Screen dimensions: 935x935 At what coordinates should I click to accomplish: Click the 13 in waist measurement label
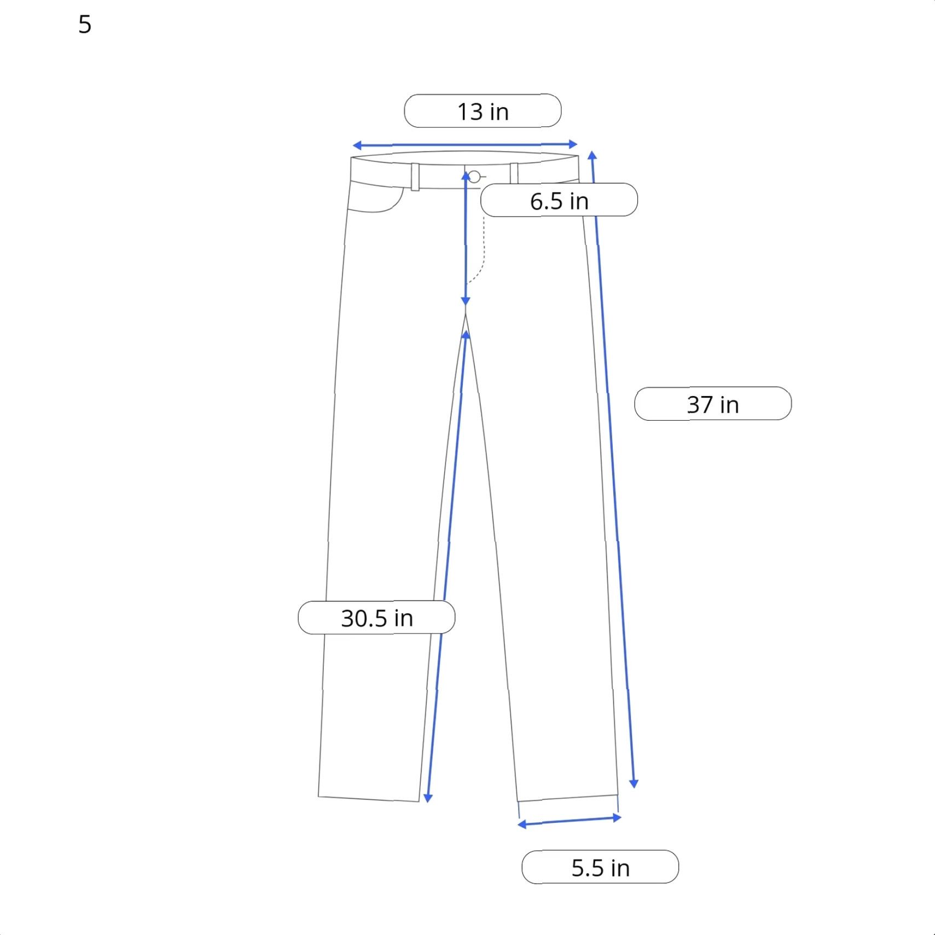483,111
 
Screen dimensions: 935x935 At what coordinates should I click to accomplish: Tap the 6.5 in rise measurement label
559,200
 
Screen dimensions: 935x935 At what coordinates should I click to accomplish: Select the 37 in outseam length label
713,404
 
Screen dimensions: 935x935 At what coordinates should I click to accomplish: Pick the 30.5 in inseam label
376,618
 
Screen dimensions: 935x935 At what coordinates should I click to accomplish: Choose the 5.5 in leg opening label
600,867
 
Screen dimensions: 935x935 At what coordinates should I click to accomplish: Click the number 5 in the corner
85,25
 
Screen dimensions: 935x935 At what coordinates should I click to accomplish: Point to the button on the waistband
474,177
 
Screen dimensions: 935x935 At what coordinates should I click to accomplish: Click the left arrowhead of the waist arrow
357,146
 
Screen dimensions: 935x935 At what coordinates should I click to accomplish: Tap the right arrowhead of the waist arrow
573,144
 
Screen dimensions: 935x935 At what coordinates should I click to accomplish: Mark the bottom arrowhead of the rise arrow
466,301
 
